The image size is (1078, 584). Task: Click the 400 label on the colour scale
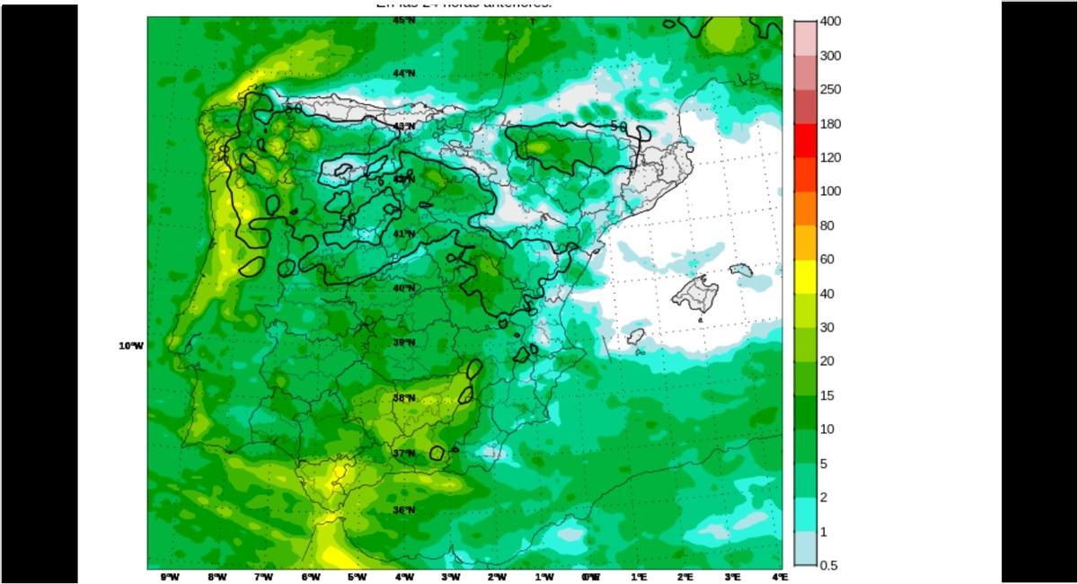pos(830,22)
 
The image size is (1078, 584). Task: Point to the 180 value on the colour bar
pos(830,124)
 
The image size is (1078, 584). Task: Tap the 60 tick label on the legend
pos(826,260)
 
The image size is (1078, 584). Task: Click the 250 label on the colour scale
pos(830,90)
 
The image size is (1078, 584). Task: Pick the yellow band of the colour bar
pos(806,277)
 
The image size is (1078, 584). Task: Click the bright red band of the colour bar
pos(806,140)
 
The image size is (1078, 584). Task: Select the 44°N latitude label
pos(403,73)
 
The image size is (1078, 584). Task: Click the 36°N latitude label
pos(403,510)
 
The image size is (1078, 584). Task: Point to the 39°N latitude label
pos(403,342)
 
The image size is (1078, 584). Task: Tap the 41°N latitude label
pos(403,234)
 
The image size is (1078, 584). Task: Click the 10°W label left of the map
pos(130,346)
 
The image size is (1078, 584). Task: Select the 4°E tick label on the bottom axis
pos(779,577)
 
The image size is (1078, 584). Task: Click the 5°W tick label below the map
pos(357,577)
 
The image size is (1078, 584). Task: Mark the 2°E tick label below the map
pos(685,577)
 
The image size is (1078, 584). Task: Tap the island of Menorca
pos(740,269)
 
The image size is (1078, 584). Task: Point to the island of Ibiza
pos(635,337)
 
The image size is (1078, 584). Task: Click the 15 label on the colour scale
pos(826,395)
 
